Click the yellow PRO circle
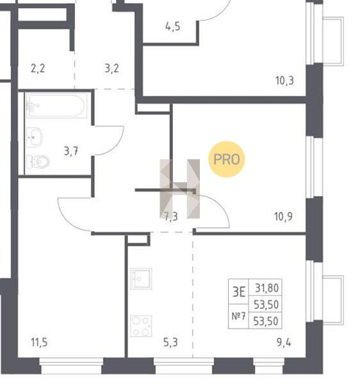[226, 159]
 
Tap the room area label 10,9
[283, 216]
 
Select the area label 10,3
[284, 81]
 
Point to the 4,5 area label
[173, 26]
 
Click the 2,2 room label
[38, 68]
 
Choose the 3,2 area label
[111, 68]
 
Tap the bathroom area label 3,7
[71, 151]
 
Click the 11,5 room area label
[39, 342]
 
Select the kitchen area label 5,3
[170, 342]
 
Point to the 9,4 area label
[284, 342]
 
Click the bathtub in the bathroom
[56, 106]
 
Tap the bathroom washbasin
[35, 138]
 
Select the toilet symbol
[38, 161]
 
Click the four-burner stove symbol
[141, 326]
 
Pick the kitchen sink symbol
[141, 279]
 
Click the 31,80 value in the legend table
[267, 288]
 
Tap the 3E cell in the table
[239, 292]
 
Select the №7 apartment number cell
[238, 316]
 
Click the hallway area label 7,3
[171, 216]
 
